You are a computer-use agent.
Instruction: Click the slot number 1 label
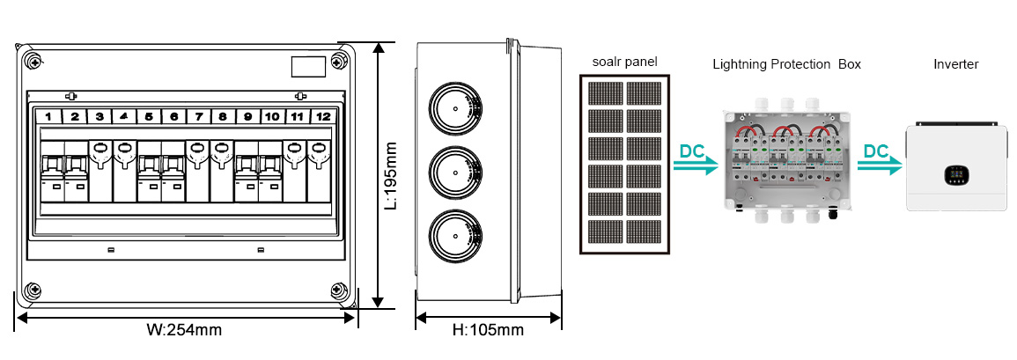coord(50,116)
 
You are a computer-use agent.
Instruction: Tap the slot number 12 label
coord(323,116)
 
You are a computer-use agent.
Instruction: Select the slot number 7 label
coord(199,116)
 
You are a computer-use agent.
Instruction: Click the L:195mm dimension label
coord(393,175)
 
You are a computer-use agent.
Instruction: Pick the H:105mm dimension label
coord(488,331)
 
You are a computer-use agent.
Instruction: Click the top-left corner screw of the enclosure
coord(33,62)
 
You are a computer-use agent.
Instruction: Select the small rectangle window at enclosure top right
coord(307,67)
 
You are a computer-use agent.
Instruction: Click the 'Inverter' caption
coord(955,64)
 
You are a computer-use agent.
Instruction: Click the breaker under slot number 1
coord(50,173)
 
